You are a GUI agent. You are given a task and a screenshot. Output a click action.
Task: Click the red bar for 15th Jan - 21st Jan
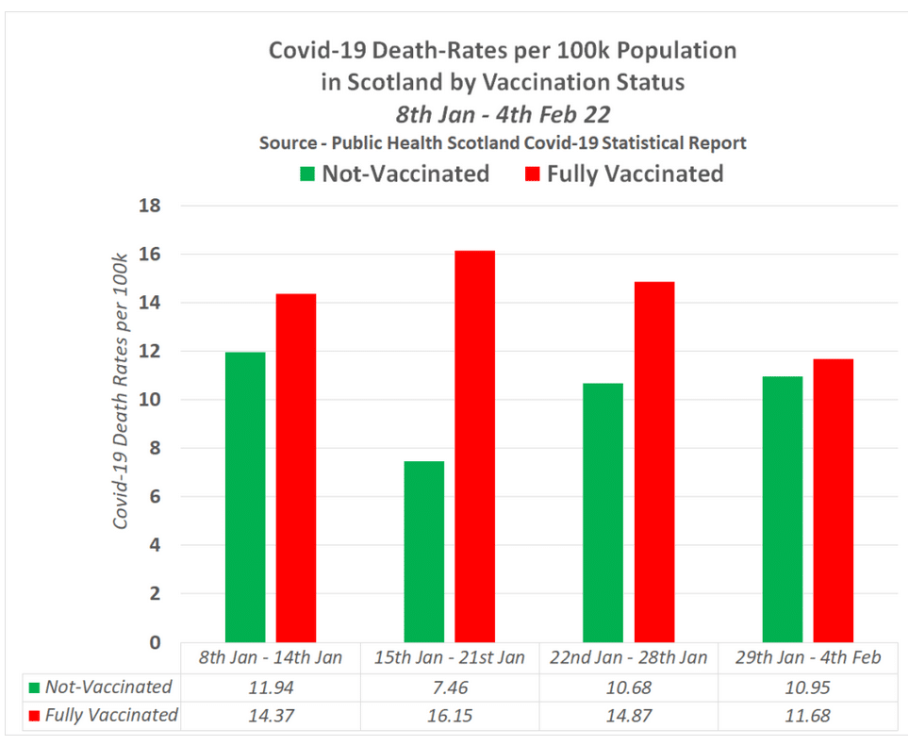[474, 446]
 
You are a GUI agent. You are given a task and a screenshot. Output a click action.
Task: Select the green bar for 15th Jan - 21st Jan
[423, 552]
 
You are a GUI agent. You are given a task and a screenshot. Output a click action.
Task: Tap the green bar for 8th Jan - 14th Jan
[245, 497]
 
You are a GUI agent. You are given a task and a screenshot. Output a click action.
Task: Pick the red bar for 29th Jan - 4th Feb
[834, 501]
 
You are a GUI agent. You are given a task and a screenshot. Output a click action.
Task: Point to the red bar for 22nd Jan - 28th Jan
[654, 462]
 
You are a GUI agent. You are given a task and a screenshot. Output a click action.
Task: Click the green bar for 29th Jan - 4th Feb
[783, 509]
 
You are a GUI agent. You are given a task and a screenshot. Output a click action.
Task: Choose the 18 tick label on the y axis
[150, 207]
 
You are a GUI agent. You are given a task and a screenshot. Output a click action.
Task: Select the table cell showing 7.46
[448, 687]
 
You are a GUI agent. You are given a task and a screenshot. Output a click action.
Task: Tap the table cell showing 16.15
[448, 715]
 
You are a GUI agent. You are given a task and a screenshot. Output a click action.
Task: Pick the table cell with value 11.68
[807, 715]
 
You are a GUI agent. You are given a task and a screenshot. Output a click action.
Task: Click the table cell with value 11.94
[270, 687]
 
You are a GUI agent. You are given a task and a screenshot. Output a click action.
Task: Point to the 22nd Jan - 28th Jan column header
[628, 657]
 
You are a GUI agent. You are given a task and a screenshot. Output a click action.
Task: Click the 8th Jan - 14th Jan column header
[270, 657]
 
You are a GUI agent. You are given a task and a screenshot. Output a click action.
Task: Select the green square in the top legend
[307, 174]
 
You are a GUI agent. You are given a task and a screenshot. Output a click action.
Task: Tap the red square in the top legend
[532, 174]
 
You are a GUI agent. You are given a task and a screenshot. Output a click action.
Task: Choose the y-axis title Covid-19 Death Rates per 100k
[121, 390]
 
